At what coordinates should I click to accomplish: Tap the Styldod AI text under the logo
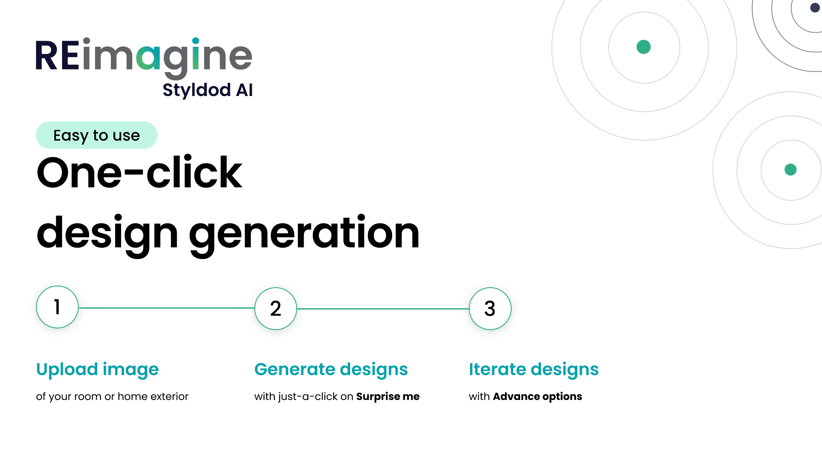click(208, 90)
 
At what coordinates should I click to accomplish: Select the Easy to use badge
click(97, 135)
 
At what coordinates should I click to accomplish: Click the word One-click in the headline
click(140, 173)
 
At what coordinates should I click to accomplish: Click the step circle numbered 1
click(57, 307)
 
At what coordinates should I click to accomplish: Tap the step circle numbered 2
click(276, 309)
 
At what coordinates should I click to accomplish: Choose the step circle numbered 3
click(490, 309)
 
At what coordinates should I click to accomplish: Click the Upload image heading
click(98, 370)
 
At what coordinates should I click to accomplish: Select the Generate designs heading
click(331, 370)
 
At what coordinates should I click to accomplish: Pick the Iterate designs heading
click(533, 370)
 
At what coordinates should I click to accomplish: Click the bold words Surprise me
click(388, 397)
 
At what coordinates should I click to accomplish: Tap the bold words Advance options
click(537, 397)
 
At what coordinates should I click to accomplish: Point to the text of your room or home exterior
click(112, 397)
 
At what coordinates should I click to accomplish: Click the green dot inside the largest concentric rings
click(643, 47)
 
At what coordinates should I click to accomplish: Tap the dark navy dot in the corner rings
click(815, 8)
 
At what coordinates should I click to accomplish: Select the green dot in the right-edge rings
click(790, 170)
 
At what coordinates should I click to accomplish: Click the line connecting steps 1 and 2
click(167, 308)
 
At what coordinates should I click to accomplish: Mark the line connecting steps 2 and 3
click(383, 309)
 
